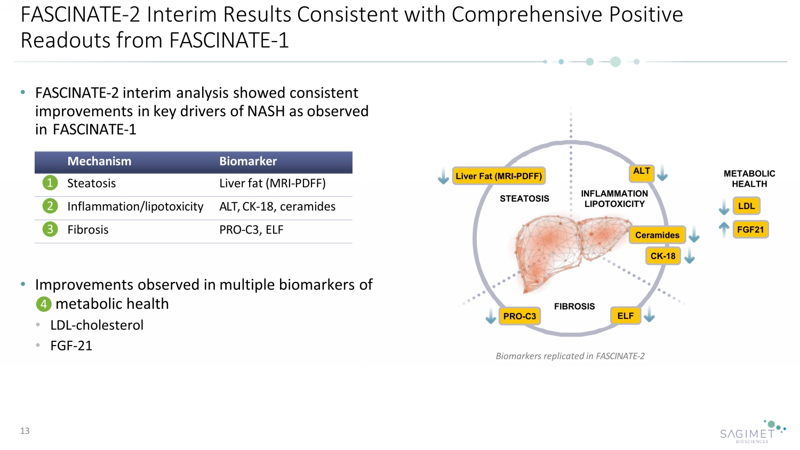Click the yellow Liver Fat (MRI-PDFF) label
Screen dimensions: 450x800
499,176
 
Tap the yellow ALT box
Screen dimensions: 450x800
642,172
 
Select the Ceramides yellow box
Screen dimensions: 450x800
657,235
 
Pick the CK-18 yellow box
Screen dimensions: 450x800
663,256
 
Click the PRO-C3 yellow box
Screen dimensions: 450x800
519,316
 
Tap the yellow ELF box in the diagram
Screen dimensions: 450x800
626,316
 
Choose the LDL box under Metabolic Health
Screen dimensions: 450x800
746,206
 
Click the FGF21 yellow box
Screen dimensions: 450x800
750,230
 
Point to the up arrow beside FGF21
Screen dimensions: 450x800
724,229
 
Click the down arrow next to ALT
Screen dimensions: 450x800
662,173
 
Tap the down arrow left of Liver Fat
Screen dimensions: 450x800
443,176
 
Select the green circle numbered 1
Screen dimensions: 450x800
50,183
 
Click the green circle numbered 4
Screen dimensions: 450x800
44,304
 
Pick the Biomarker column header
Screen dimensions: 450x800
248,162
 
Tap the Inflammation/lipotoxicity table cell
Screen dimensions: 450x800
135,206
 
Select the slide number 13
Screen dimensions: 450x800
25,431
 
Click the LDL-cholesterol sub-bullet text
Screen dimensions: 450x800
97,325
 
